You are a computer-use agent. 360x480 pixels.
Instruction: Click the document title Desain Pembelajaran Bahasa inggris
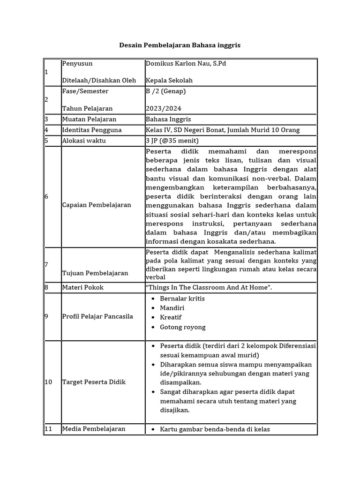(180, 45)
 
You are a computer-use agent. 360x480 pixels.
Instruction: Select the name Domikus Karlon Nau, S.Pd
(186, 63)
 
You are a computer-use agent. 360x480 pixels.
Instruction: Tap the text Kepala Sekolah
(169, 80)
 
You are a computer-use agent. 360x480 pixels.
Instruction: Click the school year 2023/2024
(164, 108)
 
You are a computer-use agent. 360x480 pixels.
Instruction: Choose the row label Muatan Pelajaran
(89, 119)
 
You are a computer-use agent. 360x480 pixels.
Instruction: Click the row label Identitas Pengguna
(92, 130)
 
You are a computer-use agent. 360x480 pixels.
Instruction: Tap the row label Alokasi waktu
(84, 140)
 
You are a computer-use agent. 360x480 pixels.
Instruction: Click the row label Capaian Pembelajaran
(97, 205)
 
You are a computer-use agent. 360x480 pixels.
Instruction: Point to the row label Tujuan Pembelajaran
(95, 273)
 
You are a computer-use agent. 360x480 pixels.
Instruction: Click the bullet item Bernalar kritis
(182, 299)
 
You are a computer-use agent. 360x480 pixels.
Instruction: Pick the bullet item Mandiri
(172, 308)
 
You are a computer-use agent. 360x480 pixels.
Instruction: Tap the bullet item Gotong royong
(183, 327)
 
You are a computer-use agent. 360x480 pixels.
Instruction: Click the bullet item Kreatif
(171, 317)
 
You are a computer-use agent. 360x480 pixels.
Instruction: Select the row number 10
(49, 382)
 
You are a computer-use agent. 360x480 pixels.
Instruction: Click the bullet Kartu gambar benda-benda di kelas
(215, 429)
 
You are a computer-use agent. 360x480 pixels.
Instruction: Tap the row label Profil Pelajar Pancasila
(97, 316)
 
